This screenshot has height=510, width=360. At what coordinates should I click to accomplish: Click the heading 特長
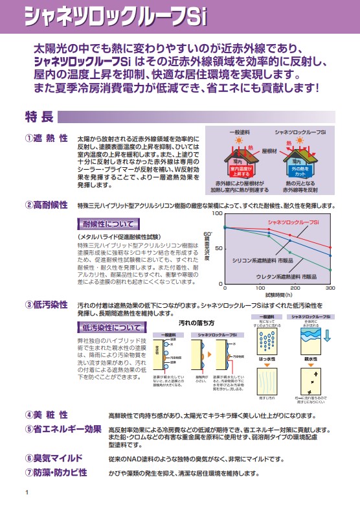click(x=38, y=117)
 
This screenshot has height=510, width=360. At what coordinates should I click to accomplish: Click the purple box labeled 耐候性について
click(x=105, y=225)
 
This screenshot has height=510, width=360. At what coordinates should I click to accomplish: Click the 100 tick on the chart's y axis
click(x=218, y=213)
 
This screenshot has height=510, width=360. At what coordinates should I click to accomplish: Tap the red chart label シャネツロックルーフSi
click(x=294, y=222)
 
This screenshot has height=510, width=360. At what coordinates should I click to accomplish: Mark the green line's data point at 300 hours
click(x=330, y=270)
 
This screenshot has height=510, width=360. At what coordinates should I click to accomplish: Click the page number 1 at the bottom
click(x=27, y=494)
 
